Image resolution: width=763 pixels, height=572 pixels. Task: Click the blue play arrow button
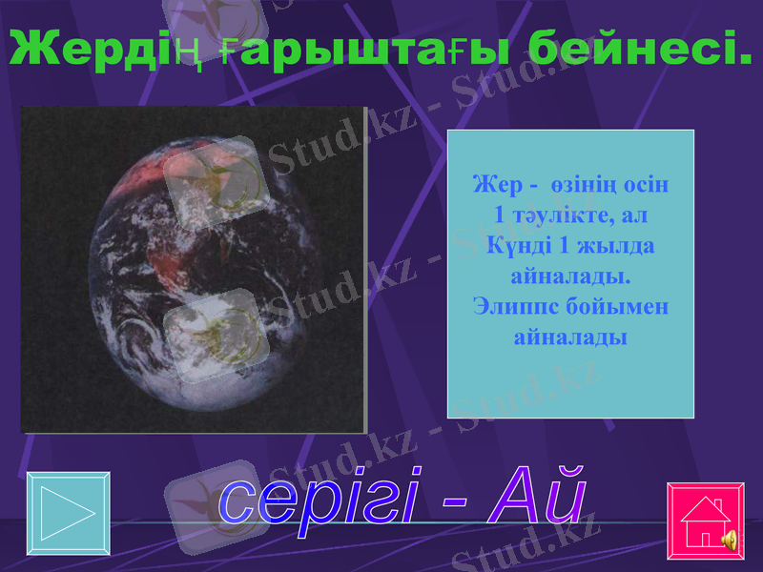point(68,515)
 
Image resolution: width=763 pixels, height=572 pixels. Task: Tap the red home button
point(699,521)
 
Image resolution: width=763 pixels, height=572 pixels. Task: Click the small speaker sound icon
point(729,541)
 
